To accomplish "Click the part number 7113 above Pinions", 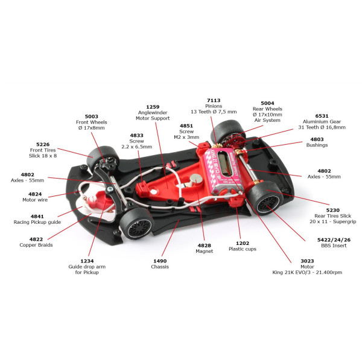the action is point(214,100).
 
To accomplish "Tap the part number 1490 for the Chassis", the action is point(160,261).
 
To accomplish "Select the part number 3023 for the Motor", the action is point(307,261).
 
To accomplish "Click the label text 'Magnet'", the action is point(205,251).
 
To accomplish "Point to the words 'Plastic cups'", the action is point(243,249).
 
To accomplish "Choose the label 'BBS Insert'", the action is point(334,246).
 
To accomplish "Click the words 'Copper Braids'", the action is point(36,245).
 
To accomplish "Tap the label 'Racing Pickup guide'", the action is point(37,222).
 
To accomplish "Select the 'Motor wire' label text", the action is point(35,200).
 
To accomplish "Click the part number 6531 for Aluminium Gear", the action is point(322,116).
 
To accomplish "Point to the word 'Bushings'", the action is point(317,145).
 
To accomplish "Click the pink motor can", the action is point(223,170).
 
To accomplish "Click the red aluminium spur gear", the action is point(231,141).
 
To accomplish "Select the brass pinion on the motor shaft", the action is point(217,145).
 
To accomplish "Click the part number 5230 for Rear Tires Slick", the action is point(332,211).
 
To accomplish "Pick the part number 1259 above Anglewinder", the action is point(153,107).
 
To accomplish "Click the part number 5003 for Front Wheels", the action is point(92,116).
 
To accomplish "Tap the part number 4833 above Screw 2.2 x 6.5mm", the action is point(137,136).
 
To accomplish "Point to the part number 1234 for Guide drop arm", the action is point(87,261).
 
